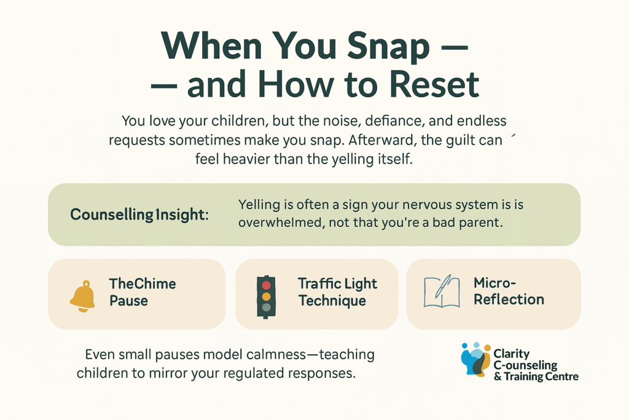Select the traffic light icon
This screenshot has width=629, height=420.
(x=266, y=295)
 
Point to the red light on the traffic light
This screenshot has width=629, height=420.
(x=266, y=285)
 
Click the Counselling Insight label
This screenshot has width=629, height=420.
(x=139, y=215)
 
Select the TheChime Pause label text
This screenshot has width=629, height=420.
(x=142, y=293)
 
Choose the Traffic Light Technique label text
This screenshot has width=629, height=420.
(x=337, y=293)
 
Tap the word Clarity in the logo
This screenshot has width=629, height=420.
(x=509, y=354)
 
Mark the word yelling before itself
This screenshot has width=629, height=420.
(x=358, y=157)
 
